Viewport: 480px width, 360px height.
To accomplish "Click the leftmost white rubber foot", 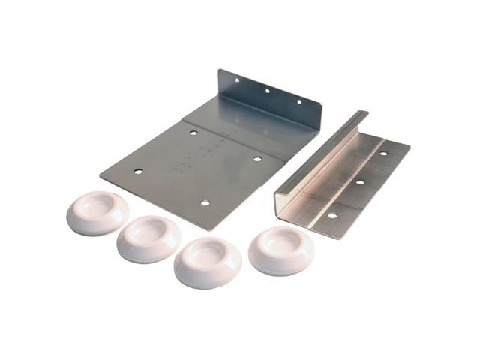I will (97, 213).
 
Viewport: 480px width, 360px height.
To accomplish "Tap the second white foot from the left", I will (148, 238).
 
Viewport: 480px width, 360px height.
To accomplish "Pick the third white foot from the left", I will (208, 262).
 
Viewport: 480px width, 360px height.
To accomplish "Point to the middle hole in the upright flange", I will (266, 91).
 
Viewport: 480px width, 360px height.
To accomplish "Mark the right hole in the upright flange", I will (298, 102).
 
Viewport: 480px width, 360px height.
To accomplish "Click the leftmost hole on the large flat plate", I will (138, 172).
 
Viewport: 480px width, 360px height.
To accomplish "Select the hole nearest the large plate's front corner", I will (204, 202).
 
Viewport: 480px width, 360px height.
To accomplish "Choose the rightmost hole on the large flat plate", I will (256, 159).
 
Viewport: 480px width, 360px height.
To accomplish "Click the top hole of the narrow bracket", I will (383, 154).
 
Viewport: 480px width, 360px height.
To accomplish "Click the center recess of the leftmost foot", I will (99, 207).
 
